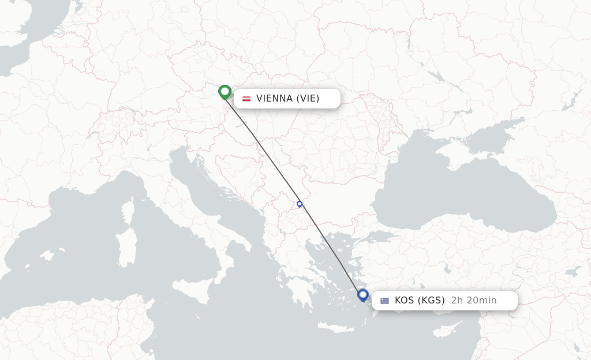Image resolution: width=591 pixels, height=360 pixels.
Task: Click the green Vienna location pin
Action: point(225,92)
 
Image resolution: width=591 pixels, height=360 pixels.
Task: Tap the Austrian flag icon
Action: point(246,99)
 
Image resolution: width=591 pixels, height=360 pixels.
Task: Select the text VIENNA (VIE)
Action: point(287,98)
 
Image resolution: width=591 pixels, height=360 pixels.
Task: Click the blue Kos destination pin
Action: point(363,295)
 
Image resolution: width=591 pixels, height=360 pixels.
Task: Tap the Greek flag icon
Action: point(385,301)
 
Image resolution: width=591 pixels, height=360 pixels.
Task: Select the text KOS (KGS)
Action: point(420,300)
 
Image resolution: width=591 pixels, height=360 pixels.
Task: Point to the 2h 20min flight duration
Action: point(474,300)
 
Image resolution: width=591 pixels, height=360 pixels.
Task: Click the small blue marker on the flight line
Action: point(300,204)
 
